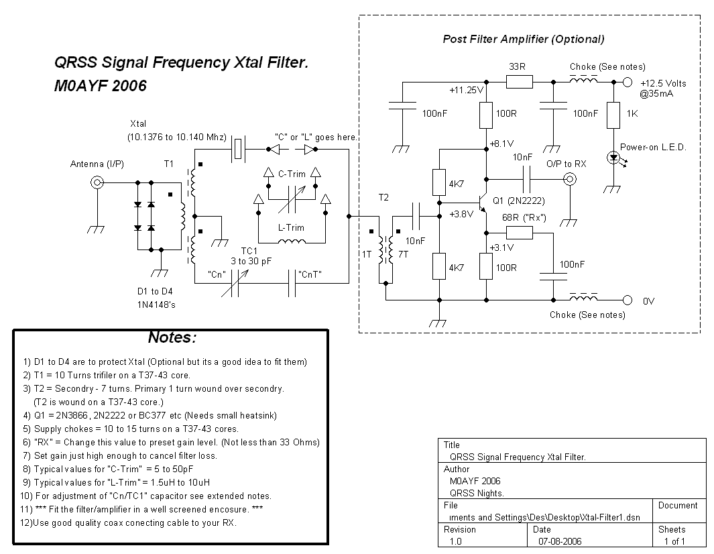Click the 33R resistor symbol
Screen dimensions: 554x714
pyautogui.click(x=519, y=82)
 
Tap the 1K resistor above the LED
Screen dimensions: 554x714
pyautogui.click(x=613, y=115)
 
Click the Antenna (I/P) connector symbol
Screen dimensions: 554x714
pyautogui.click(x=98, y=182)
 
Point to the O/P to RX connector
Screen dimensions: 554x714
pyautogui.click(x=570, y=179)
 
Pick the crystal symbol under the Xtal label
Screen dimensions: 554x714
pyautogui.click(x=239, y=148)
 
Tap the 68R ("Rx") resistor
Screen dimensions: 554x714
pyautogui.click(x=519, y=233)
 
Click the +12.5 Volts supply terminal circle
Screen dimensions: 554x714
pyautogui.click(x=628, y=82)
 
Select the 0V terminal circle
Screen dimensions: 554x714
pyautogui.click(x=628, y=300)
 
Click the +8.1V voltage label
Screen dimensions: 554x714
pyautogui.click(x=501, y=144)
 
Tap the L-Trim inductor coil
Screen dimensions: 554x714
pyautogui.click(x=292, y=242)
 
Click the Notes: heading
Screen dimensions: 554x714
pyautogui.click(x=172, y=337)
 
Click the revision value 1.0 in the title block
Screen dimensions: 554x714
pyautogui.click(x=455, y=541)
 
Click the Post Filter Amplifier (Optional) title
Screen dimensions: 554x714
pyautogui.click(x=523, y=39)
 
